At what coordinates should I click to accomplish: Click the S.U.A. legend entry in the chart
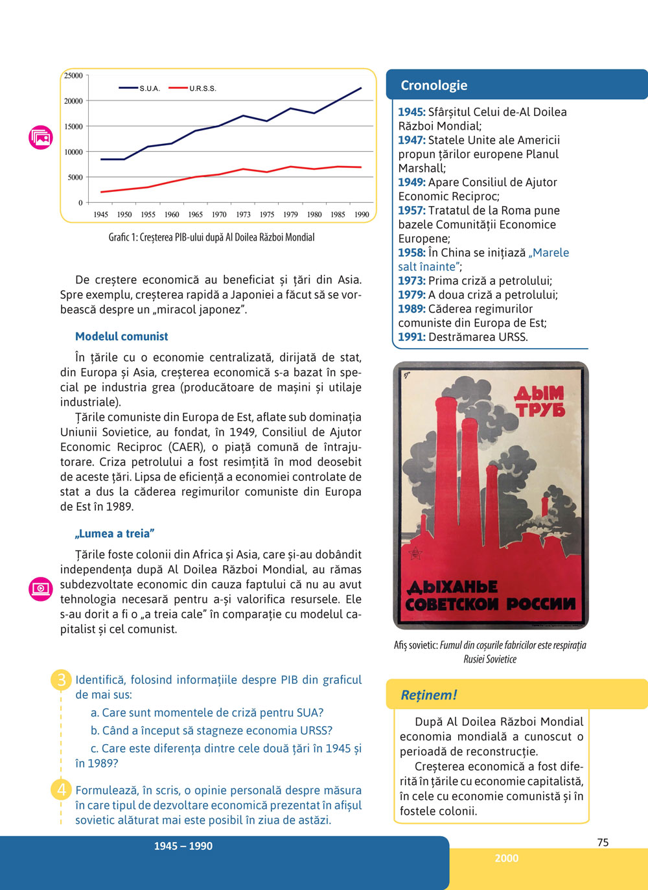[149, 88]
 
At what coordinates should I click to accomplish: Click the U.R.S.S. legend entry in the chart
[202, 88]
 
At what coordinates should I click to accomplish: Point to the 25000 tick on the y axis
[73, 76]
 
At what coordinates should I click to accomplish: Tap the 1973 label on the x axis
[243, 215]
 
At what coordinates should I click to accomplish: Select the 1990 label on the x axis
[362, 215]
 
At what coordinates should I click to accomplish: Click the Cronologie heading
[434, 86]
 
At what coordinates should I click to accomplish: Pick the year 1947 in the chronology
[411, 140]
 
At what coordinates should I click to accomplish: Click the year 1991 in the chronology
[411, 337]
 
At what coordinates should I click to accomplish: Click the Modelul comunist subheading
[121, 336]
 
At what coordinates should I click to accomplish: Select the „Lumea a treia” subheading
[115, 533]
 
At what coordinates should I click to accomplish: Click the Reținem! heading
[428, 695]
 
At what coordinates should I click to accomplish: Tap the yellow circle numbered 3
[62, 680]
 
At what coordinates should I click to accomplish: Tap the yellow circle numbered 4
[62, 790]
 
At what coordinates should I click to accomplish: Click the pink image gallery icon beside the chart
[41, 137]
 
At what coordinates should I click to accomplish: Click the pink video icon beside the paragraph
[41, 589]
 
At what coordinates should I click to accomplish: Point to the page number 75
[603, 842]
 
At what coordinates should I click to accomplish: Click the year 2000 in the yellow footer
[506, 858]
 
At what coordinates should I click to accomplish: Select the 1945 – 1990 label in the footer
[183, 846]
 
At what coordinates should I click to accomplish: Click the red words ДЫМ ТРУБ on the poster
[539, 402]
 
